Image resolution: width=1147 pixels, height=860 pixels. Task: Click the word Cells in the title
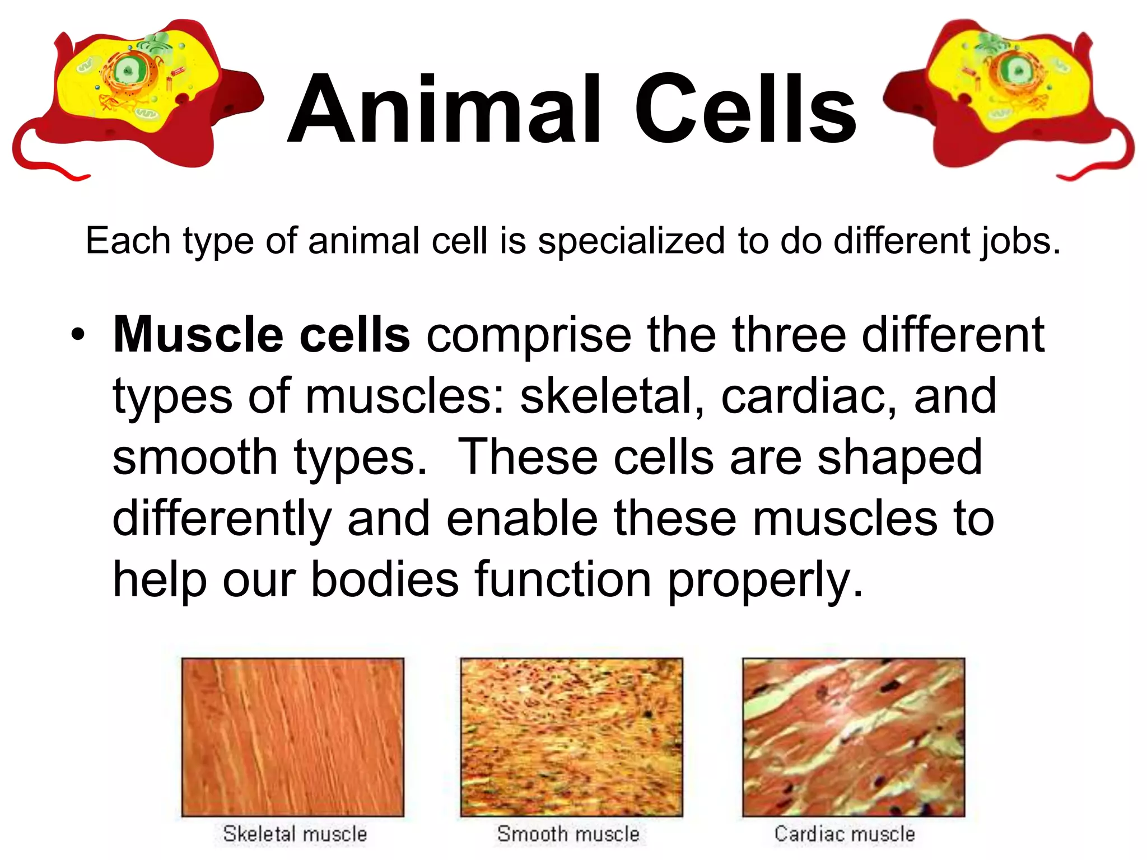pyautogui.click(x=744, y=109)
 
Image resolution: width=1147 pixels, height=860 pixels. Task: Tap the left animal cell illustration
pyautogui.click(x=137, y=98)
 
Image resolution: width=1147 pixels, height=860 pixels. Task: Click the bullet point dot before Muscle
pyautogui.click(x=78, y=335)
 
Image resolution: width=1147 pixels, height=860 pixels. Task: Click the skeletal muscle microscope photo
pyautogui.click(x=292, y=737)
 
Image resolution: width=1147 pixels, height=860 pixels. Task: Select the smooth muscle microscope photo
pyautogui.click(x=571, y=737)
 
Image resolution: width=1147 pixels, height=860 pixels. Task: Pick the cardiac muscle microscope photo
pyautogui.click(x=854, y=737)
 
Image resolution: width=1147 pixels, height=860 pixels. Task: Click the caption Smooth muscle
pyautogui.click(x=568, y=834)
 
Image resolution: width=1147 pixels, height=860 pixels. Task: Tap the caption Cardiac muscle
pyautogui.click(x=845, y=834)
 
